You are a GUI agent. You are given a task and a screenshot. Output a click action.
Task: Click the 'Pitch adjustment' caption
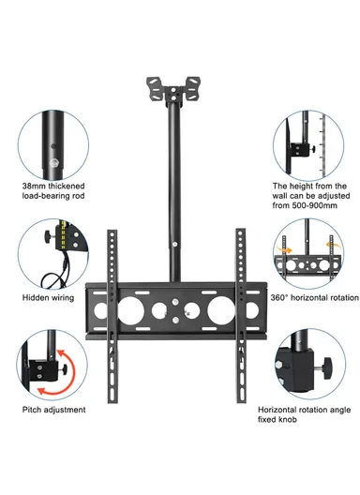(53, 409)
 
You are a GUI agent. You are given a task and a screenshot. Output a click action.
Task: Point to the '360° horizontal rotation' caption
(313, 297)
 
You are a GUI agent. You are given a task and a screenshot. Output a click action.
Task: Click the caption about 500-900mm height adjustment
(308, 197)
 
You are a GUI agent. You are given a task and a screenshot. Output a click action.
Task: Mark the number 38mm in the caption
(35, 187)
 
